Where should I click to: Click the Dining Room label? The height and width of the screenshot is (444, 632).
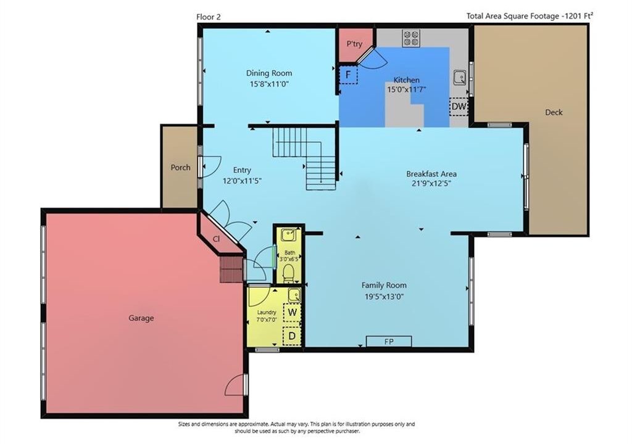point(269,73)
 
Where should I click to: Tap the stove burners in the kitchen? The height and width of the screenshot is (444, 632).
point(410,38)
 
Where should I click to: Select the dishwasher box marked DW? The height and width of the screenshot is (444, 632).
point(459,107)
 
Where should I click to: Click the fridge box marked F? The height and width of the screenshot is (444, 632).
point(348,75)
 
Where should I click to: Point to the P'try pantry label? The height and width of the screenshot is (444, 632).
point(354,44)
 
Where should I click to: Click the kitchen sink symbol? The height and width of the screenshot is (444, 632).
point(459,76)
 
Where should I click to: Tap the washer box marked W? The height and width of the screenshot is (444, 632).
point(292,312)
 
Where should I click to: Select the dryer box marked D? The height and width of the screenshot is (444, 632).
point(292,335)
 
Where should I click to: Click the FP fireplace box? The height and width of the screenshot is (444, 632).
point(389,341)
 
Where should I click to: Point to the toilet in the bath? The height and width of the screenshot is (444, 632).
point(288,273)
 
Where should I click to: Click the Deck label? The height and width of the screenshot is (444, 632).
point(554,112)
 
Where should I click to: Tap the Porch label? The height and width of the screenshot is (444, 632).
point(180,167)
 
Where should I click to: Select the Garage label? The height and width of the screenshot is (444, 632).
point(141,318)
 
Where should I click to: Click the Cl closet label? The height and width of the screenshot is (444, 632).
point(216,239)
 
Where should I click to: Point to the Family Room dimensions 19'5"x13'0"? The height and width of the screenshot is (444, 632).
point(384,297)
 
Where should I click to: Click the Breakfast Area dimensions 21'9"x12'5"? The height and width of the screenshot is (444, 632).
point(431,184)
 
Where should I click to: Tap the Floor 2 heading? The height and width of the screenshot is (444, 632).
point(209,17)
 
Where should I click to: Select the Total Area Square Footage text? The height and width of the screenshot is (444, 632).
point(530,16)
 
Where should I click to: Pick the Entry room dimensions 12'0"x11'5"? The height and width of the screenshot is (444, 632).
point(242,181)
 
